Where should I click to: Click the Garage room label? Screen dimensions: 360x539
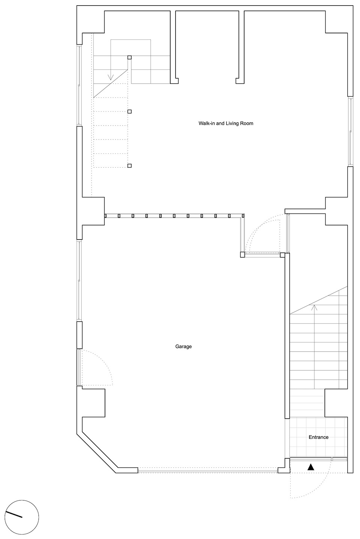click(x=183, y=346)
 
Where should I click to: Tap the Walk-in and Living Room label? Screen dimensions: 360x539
click(x=226, y=123)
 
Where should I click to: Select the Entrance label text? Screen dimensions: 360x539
click(x=318, y=437)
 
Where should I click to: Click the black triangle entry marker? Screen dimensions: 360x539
click(x=311, y=467)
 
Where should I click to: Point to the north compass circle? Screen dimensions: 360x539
click(x=22, y=517)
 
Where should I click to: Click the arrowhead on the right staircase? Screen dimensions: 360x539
click(x=314, y=307)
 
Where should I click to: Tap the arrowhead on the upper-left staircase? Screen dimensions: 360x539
click(x=111, y=77)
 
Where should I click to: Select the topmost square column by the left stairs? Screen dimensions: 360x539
click(x=129, y=57)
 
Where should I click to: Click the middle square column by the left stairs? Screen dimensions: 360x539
click(x=129, y=111)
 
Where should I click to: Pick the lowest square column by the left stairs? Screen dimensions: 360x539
click(x=129, y=166)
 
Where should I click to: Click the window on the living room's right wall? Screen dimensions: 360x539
click(x=350, y=132)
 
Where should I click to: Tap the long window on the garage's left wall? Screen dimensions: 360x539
click(x=79, y=281)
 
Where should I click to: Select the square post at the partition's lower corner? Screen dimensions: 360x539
click(x=243, y=255)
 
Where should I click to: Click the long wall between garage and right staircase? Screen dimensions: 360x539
click(x=287, y=336)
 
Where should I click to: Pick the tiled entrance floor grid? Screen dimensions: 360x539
click(x=318, y=437)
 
